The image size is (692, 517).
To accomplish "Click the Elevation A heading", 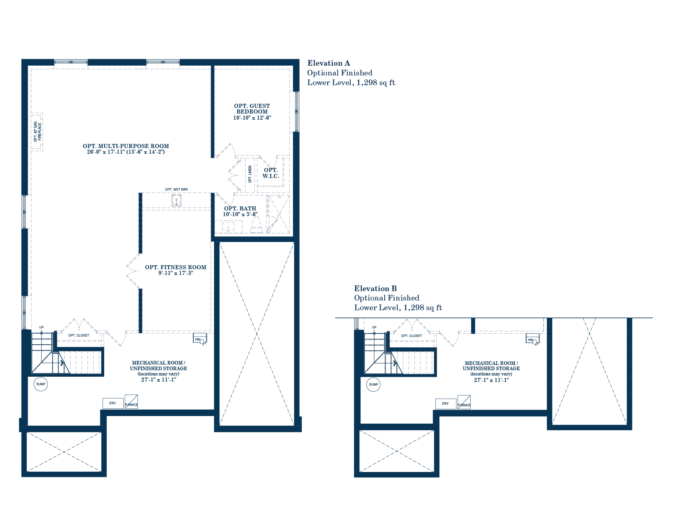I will click(329, 63).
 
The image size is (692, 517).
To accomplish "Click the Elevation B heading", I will click(375, 289).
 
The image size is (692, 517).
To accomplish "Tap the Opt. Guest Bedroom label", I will click(252, 109).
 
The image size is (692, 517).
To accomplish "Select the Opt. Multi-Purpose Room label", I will click(126, 146).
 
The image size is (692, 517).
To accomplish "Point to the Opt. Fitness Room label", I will click(176, 267).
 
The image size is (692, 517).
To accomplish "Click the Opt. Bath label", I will click(240, 208).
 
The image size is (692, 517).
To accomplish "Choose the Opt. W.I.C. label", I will click(270, 173).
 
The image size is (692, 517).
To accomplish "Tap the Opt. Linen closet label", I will click(250, 174).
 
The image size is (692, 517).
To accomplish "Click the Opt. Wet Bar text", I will click(176, 189).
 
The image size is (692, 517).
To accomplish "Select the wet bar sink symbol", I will click(176, 200).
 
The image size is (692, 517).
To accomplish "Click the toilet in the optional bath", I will click(256, 225).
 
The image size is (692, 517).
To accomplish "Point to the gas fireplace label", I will click(37, 132).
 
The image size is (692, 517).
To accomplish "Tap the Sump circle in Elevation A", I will click(41, 384).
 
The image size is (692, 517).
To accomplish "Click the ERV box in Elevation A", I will click(113, 403).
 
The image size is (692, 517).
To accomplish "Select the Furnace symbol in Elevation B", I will click(464, 402).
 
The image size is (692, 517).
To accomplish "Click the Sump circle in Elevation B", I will click(373, 384).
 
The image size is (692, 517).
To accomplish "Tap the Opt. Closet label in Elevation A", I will click(79, 336).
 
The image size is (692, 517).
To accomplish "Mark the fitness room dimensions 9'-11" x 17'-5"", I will click(176, 273).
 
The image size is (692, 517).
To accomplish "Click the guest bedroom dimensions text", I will click(252, 118).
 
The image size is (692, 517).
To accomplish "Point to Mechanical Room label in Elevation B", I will click(491, 366).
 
